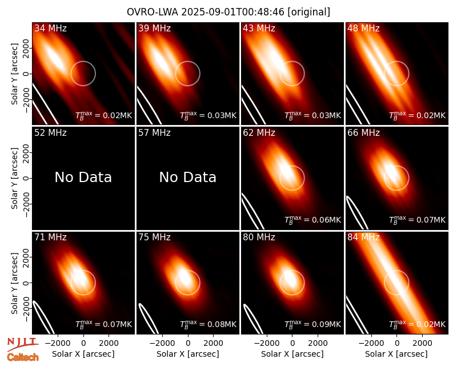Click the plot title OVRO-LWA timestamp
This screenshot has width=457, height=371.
(x=228, y=12)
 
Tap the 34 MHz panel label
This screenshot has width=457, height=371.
(x=50, y=28)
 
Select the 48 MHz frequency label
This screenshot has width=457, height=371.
(x=363, y=28)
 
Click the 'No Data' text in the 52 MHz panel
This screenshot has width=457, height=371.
(x=83, y=177)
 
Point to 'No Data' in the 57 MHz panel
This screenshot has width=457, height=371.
(x=188, y=177)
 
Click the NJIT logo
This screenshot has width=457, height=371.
(x=22, y=344)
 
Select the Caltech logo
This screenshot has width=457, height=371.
(x=23, y=357)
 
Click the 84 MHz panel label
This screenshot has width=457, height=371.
(x=363, y=237)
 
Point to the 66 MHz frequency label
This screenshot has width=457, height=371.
(x=363, y=133)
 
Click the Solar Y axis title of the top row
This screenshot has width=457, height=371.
(x=14, y=74)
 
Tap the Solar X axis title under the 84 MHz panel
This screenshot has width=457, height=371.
(x=396, y=354)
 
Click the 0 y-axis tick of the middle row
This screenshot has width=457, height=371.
(x=26, y=178)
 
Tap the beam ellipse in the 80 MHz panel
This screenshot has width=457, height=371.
(x=252, y=318)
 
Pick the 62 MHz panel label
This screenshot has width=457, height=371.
(x=259, y=133)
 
